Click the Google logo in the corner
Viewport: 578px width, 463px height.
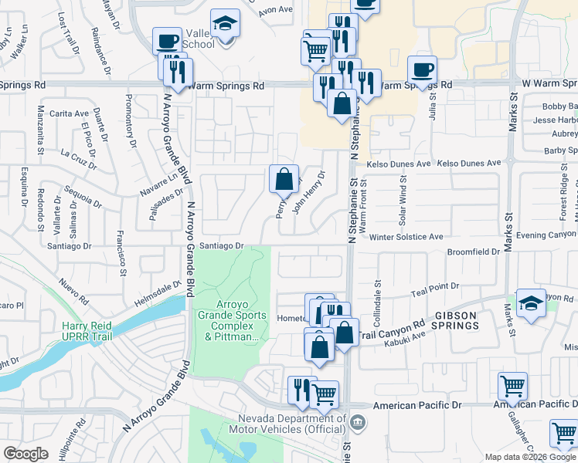pyautogui.click(x=26, y=454)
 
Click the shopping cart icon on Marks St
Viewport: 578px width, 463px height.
pyautogui.click(x=513, y=385)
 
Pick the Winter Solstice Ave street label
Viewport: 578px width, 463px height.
pyautogui.click(x=406, y=237)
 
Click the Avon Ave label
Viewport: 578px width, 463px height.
pyautogui.click(x=276, y=10)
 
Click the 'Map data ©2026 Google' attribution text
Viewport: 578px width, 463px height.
pyautogui.click(x=529, y=457)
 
